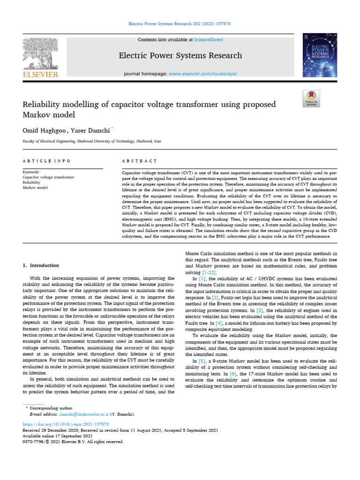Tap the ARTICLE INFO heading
pyautogui.click(x=46, y=161)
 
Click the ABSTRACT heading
pyautogui.click(x=139, y=161)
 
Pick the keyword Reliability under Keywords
pyautogui.click(x=32, y=182)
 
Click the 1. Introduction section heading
pyautogui.click(x=41, y=265)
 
